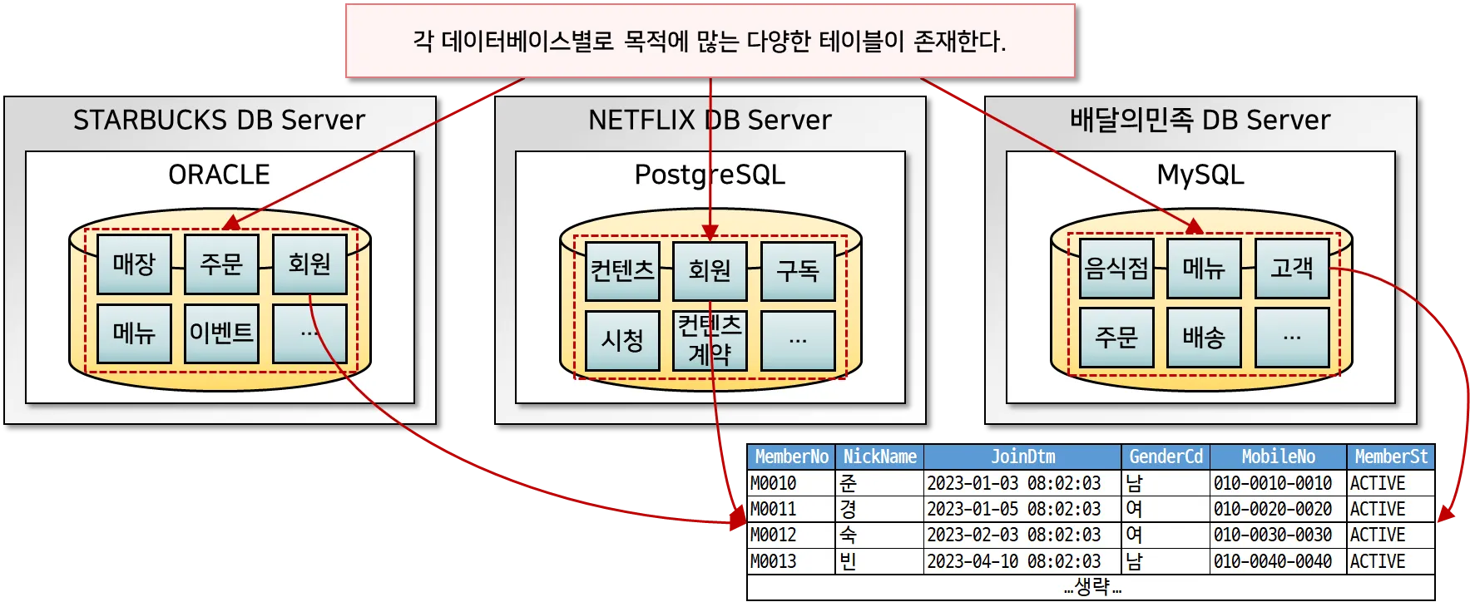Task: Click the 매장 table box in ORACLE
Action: [x=134, y=264]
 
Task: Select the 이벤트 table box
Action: [x=221, y=333]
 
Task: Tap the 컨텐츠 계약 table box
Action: [x=710, y=340]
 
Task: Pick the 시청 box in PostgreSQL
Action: [x=622, y=340]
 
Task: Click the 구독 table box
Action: [x=798, y=271]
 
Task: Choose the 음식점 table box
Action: [x=1116, y=269]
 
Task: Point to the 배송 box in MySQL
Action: [x=1204, y=337]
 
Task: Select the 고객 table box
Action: [x=1292, y=269]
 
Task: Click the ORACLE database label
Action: [x=220, y=175]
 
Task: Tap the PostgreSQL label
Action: [x=710, y=175]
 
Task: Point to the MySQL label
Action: [x=1200, y=175]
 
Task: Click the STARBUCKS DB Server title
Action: [x=220, y=121]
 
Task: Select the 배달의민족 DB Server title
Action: [x=1200, y=121]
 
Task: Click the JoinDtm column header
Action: [x=1022, y=456]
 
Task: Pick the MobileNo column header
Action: [x=1278, y=456]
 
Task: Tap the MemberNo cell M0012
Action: [x=774, y=535]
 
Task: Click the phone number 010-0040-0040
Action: [x=1273, y=561]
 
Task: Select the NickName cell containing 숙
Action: [x=848, y=535]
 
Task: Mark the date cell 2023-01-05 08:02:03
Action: [x=1013, y=509]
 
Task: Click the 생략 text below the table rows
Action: [x=1091, y=587]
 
